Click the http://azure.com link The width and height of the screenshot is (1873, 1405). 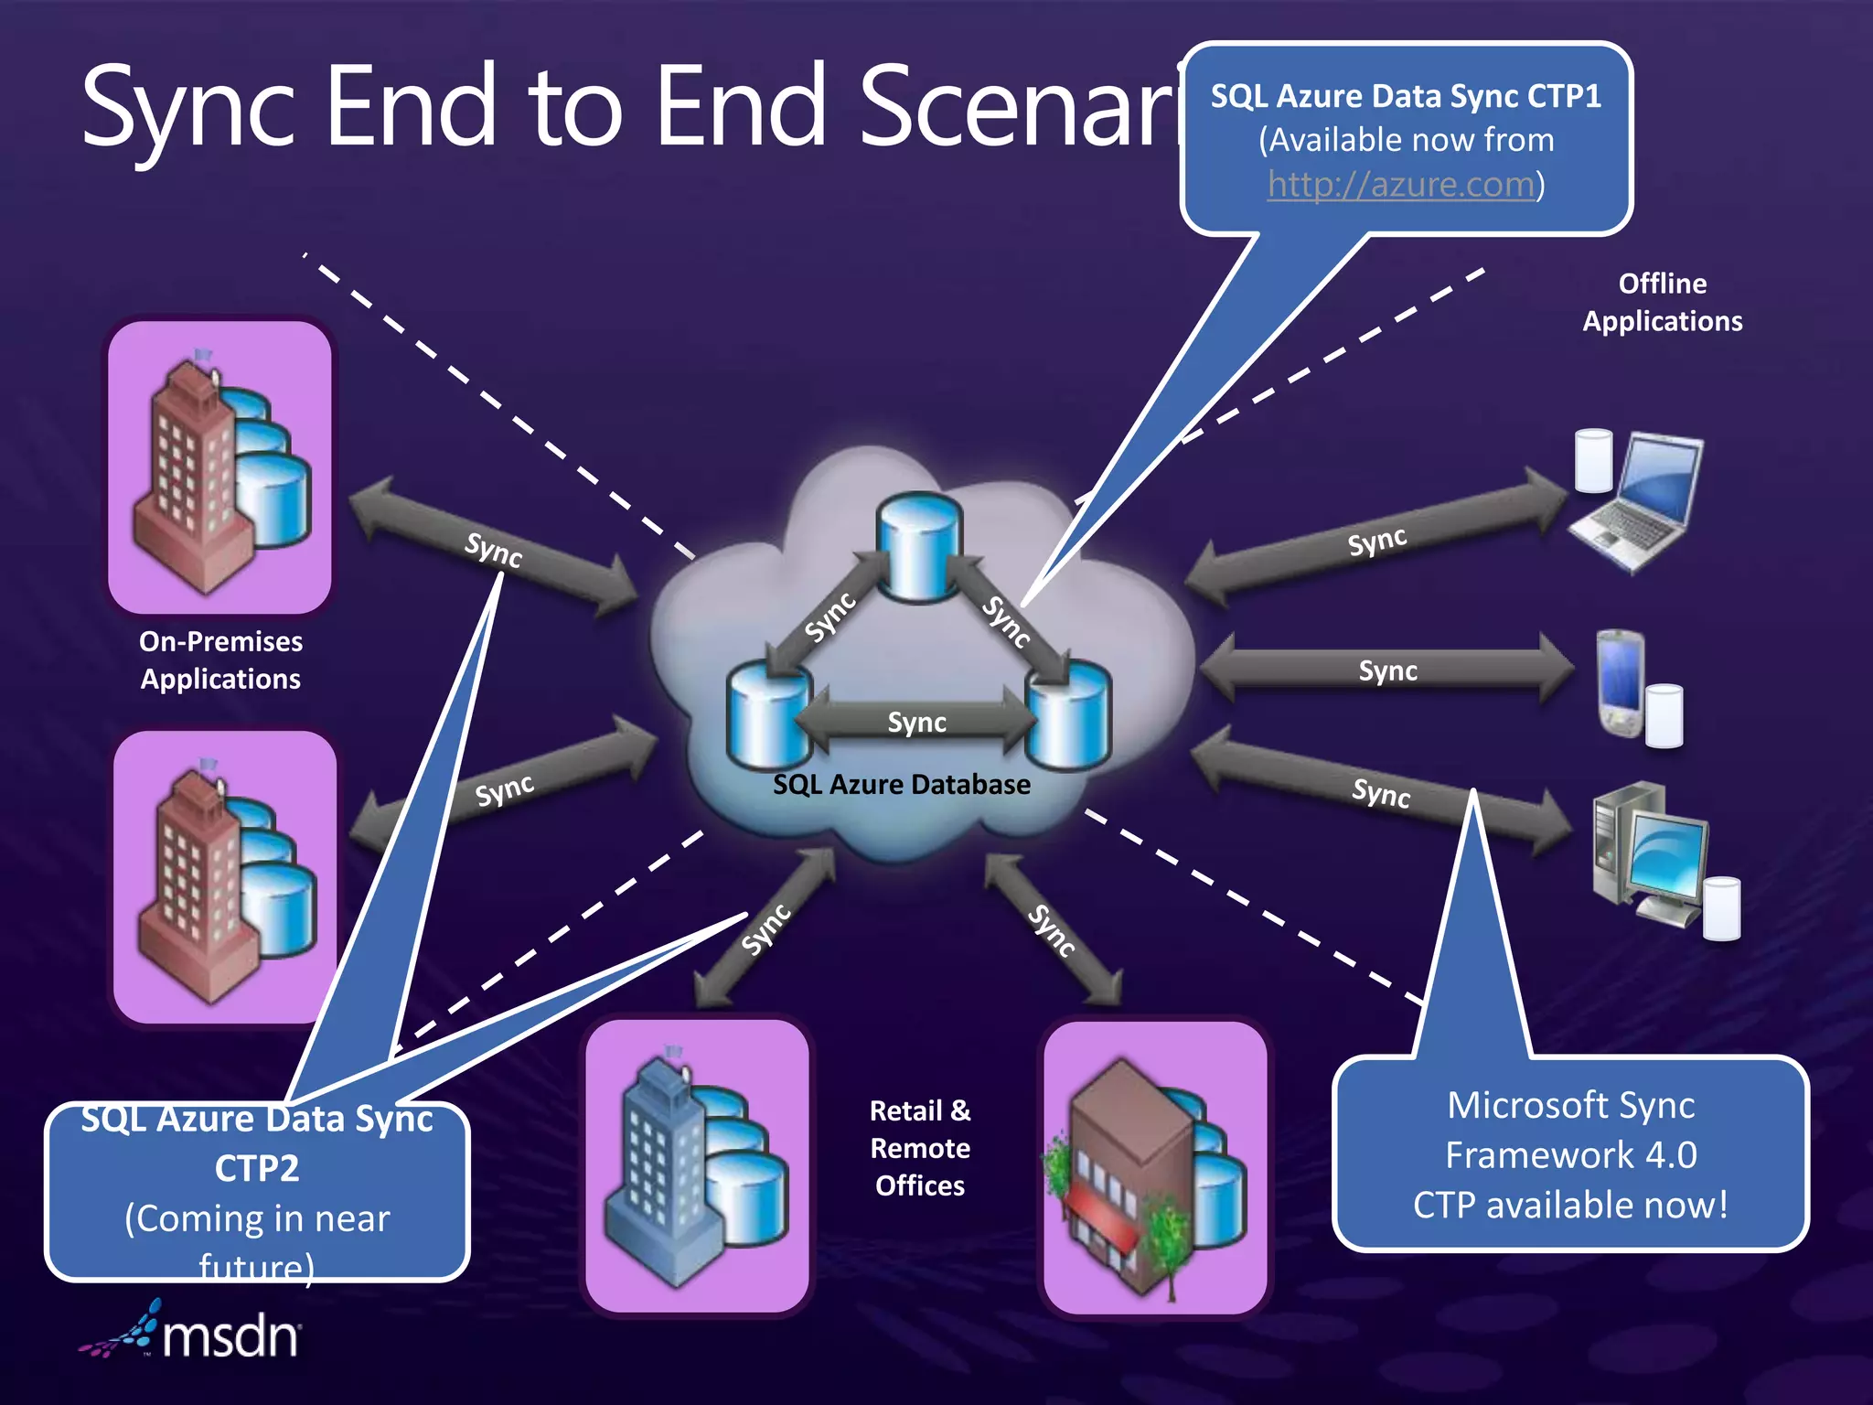1400,186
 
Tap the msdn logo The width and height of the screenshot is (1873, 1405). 192,1333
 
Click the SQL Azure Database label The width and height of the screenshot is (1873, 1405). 901,785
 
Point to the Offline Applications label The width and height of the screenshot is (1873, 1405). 1662,303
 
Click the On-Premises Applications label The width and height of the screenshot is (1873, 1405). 220,660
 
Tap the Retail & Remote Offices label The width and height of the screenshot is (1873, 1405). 920,1148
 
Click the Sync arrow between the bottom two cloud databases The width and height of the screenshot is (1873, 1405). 916,723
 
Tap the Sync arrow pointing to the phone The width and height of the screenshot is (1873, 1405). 1386,670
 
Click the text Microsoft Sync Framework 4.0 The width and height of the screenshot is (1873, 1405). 1570,1131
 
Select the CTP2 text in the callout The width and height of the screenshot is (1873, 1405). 257,1169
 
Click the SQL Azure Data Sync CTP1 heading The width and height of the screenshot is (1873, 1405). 1406,97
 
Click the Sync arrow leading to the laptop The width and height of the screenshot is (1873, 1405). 1375,542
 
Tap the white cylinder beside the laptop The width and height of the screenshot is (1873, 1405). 1593,461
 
